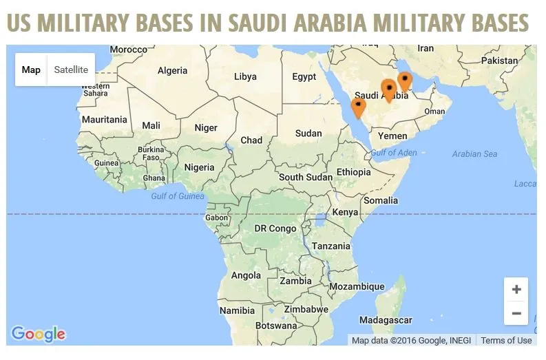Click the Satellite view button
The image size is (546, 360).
pos(71,70)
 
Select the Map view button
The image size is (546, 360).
pos(31,70)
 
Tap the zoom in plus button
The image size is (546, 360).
pos(516,289)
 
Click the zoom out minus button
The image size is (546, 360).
pos(516,313)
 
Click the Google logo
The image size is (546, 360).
pos(39,335)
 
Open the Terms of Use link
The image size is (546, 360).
pos(506,340)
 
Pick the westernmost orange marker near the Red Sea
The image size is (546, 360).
pos(358,107)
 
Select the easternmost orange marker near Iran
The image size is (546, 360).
pos(405,81)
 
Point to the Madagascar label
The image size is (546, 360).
pos(386,320)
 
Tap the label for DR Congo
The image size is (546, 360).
pos(275,229)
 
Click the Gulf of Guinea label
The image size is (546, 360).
pos(178,196)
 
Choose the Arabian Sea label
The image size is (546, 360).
pos(474,153)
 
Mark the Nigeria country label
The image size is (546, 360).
pos(199,167)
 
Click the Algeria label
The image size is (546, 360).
pos(172,70)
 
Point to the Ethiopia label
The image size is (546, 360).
pos(353,172)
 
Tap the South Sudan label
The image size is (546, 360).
pos(305,177)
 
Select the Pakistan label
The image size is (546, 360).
pos(499,61)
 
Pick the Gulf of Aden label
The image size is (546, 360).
pos(394,152)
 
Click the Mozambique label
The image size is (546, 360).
pos(357,286)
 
